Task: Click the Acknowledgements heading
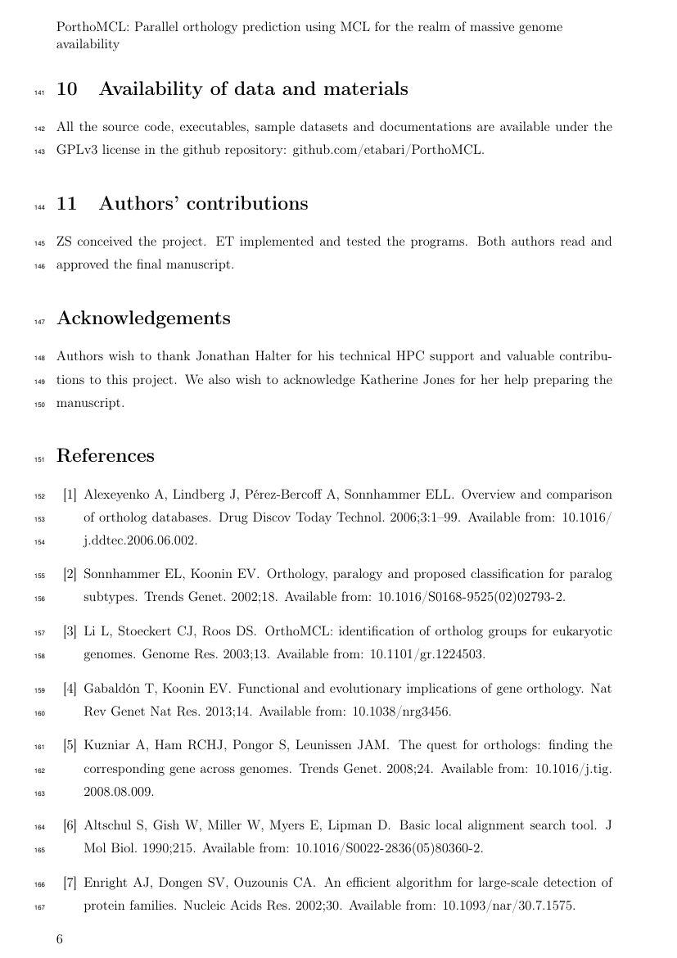point(143,319)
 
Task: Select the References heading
point(105,456)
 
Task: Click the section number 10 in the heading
point(66,89)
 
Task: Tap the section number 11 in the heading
point(66,204)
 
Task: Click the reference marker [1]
point(70,495)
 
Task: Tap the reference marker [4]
point(70,689)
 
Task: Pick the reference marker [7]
point(70,883)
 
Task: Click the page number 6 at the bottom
point(59,939)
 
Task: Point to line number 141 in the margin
point(39,93)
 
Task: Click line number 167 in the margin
point(39,907)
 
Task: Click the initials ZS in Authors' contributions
point(65,242)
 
